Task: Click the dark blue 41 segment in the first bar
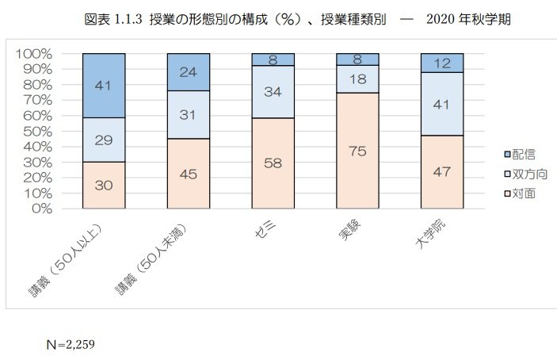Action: coord(104,85)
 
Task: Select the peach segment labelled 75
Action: coord(357,151)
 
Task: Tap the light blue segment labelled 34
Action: coord(273,91)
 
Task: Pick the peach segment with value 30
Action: coord(104,185)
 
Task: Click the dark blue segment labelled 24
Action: coord(188,72)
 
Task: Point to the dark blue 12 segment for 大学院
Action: coord(441,62)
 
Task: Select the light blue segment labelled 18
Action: coord(357,79)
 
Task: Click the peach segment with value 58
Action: coord(273,163)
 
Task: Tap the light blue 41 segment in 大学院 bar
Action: coord(441,103)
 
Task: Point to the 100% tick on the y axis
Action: coord(33,54)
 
